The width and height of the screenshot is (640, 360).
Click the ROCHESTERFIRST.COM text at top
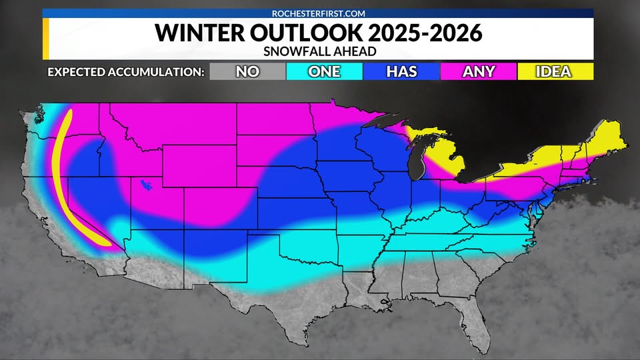point(318,13)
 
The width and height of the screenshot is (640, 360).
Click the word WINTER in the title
point(194,33)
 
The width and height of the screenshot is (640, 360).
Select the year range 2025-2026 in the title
point(419,33)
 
